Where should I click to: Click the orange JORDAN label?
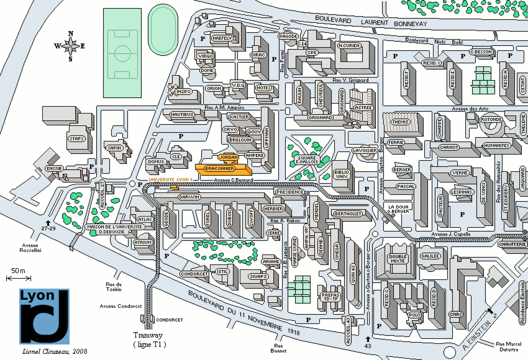(x=229, y=158)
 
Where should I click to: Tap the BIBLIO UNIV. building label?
(x=342, y=174)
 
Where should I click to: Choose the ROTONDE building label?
(x=491, y=120)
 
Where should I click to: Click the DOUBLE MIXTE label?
(x=398, y=259)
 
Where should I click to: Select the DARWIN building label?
(x=188, y=197)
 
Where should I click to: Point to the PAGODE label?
(x=289, y=37)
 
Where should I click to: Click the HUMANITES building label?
(x=496, y=146)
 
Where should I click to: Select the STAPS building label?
(x=77, y=139)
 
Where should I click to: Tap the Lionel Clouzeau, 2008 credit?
(x=53, y=352)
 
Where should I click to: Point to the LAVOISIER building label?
(x=363, y=150)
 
